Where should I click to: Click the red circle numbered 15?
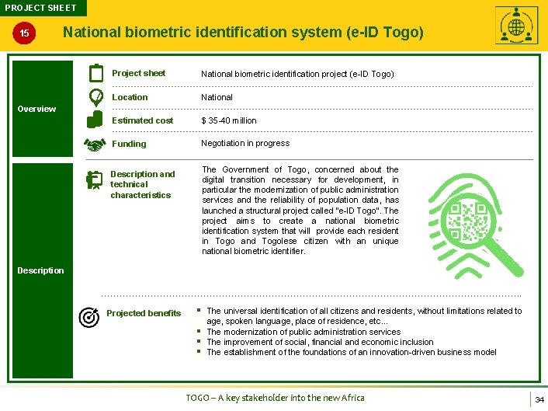pos(25,34)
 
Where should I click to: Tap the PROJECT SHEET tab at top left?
pos(41,8)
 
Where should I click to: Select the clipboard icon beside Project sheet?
pos(95,74)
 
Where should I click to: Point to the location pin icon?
pos(95,97)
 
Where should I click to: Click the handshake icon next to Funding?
pos(95,144)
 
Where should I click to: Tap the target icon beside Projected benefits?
pos(89,316)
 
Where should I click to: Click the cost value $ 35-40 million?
pos(229,120)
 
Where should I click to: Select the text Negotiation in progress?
pos(245,143)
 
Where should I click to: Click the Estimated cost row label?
pos(143,120)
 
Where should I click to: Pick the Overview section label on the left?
pos(36,109)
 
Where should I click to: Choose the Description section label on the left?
pos(40,270)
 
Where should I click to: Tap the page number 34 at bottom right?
pos(539,399)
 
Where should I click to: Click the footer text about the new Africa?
pos(275,398)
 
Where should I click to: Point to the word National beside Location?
pos(217,97)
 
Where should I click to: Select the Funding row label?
pos(129,144)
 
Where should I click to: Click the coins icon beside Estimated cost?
pos(95,119)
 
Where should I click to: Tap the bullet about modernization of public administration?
pos(303,332)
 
